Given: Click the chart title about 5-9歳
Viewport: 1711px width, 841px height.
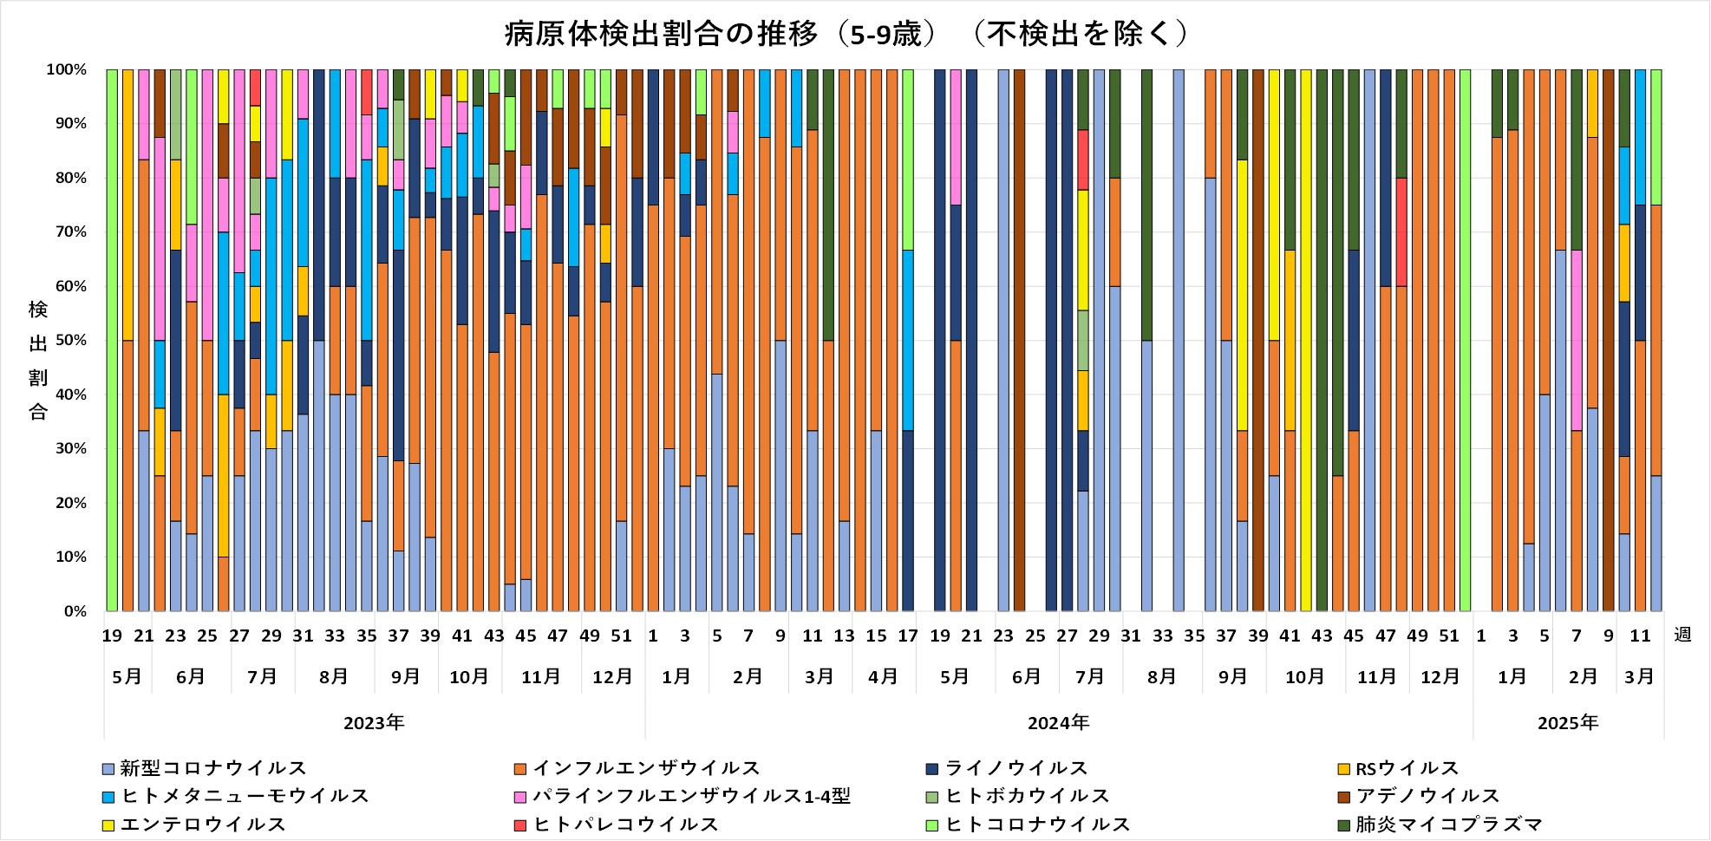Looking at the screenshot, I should click(x=846, y=34).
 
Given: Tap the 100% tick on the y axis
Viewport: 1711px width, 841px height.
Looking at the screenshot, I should click(x=67, y=69).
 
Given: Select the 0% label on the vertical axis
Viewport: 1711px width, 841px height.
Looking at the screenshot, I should click(x=75, y=611).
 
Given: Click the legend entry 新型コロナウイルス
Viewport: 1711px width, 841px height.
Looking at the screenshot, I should click(x=212, y=768).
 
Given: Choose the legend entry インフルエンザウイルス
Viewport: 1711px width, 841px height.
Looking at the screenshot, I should click(x=645, y=768).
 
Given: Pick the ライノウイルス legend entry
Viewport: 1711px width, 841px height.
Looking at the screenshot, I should click(x=1015, y=768).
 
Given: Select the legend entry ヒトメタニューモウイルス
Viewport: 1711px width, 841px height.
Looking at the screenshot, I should click(x=245, y=796).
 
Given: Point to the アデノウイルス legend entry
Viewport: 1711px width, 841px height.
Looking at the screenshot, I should click(x=1427, y=796).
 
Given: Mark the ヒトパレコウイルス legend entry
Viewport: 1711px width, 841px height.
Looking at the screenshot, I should click(x=625, y=825).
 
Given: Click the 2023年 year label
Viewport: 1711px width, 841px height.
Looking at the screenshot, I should click(x=374, y=723).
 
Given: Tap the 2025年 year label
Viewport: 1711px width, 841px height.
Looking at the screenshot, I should click(x=1567, y=723).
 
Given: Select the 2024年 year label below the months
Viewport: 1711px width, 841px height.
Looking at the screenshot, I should click(x=1058, y=723).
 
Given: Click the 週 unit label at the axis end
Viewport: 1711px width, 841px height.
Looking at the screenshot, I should click(x=1682, y=636).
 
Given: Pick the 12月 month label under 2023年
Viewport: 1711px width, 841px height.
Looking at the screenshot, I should click(x=612, y=676).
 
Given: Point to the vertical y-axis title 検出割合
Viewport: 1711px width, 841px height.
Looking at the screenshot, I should click(x=38, y=360).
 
